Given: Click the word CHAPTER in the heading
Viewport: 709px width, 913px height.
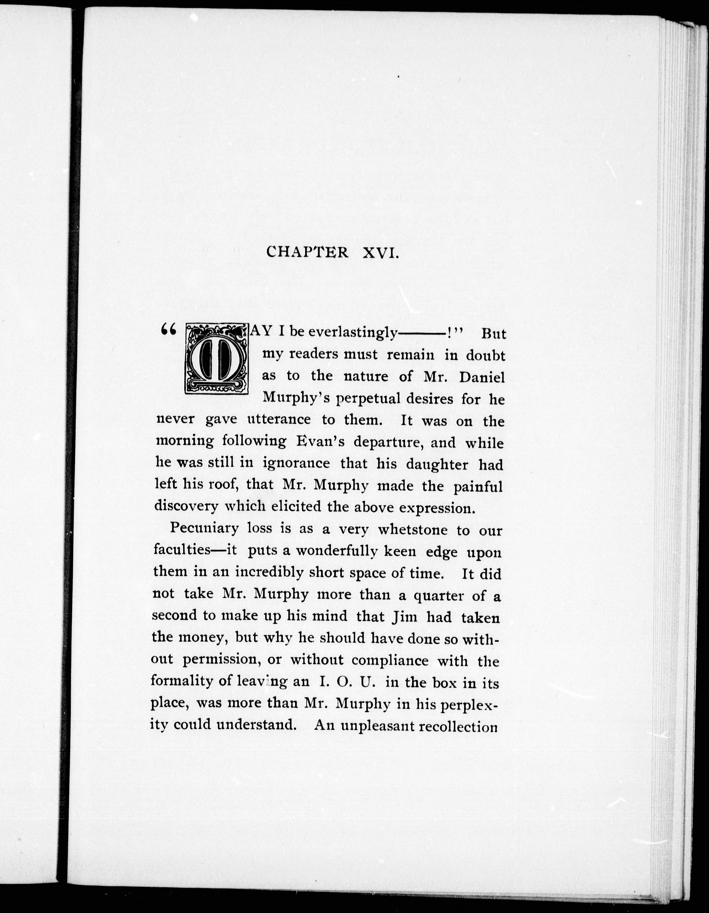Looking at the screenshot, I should tap(307, 253).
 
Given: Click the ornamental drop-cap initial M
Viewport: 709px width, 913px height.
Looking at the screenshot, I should tap(217, 359).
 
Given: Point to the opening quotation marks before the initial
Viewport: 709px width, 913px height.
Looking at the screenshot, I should tap(168, 330).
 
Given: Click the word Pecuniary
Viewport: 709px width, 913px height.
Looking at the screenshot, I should tap(204, 529).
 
